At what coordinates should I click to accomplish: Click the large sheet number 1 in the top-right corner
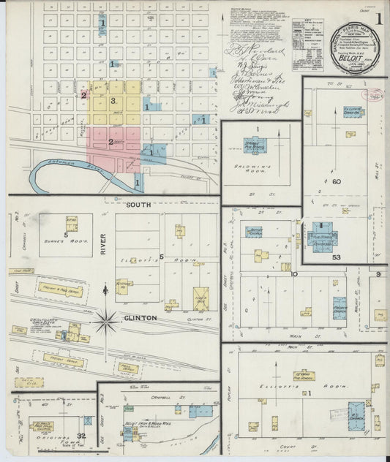click(x=380, y=19)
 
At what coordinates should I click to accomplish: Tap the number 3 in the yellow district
click(x=113, y=101)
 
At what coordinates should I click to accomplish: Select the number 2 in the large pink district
click(x=110, y=142)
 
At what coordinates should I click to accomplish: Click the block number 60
click(x=337, y=181)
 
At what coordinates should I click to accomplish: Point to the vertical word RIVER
click(x=104, y=245)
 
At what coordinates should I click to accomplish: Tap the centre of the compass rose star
click(x=107, y=319)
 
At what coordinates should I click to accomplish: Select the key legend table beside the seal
click(x=307, y=34)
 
